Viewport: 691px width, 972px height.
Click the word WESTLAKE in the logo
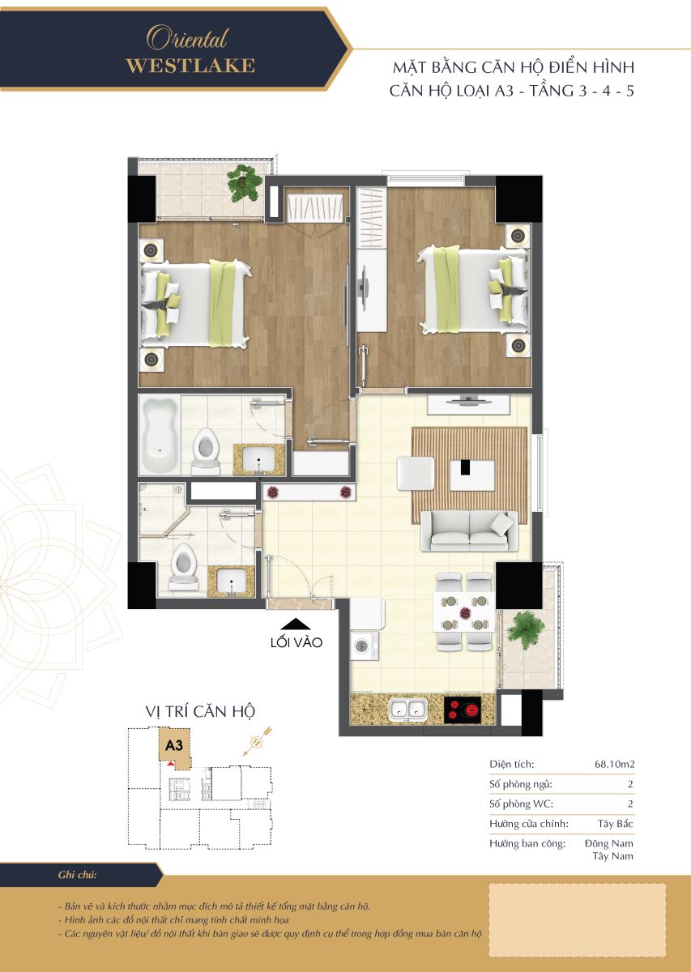tap(190, 66)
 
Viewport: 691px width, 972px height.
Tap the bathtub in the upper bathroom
tap(160, 434)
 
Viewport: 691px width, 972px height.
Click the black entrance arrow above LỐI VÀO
tap(296, 624)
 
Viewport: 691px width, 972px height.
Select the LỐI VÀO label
tap(296, 642)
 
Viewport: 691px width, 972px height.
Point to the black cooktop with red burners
tap(463, 710)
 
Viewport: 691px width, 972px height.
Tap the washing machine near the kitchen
tap(365, 646)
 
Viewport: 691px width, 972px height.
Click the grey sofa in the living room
tap(469, 531)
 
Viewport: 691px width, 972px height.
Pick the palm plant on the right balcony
tap(525, 629)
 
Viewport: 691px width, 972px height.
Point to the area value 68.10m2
tap(614, 764)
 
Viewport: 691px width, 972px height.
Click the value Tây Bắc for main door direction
tap(615, 824)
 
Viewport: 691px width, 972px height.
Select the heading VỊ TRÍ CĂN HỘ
tap(200, 712)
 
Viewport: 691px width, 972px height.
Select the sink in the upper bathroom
tap(258, 459)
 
